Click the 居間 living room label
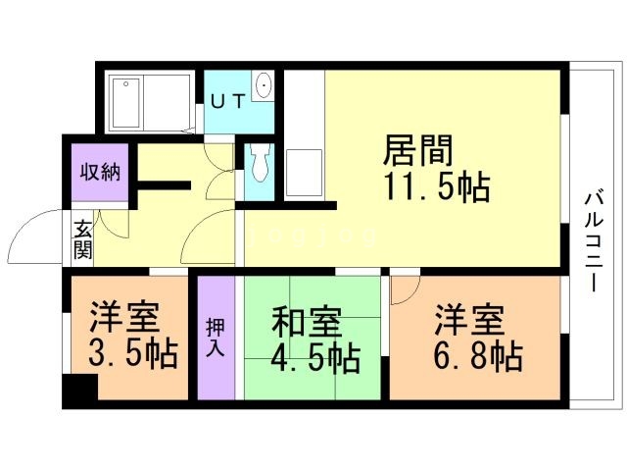pos(417,152)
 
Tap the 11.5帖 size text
pos(436,186)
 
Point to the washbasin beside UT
pos(263,87)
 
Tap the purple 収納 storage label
pos(100,173)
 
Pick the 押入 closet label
pos(216,339)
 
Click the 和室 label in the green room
pos(306,321)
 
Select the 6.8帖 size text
pos(477,354)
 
